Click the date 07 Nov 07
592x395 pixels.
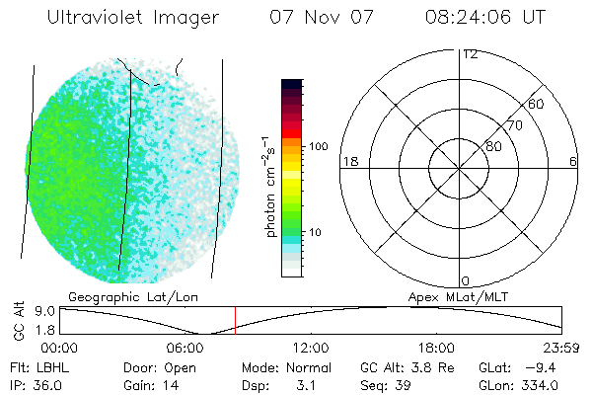311,19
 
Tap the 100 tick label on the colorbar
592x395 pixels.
320,146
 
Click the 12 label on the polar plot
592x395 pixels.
470,54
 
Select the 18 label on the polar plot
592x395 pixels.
348,161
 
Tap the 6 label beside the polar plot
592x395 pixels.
573,161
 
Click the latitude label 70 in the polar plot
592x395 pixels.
514,125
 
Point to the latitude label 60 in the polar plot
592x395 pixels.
536,104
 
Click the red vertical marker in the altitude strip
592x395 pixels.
235,320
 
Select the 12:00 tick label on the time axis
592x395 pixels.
311,348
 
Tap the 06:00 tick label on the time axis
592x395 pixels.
185,348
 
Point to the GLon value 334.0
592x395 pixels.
541,385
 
